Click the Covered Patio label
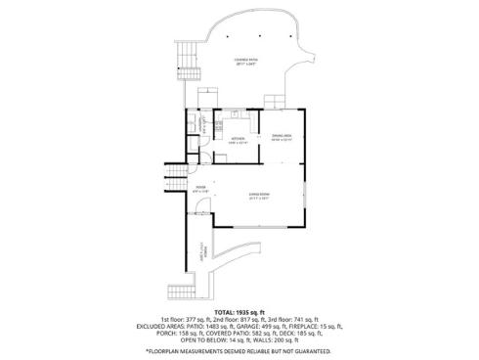(244, 64)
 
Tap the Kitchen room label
(237, 140)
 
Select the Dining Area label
(283, 138)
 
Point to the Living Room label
(259, 195)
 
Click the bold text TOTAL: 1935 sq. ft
(239, 312)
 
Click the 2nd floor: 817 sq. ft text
(239, 321)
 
